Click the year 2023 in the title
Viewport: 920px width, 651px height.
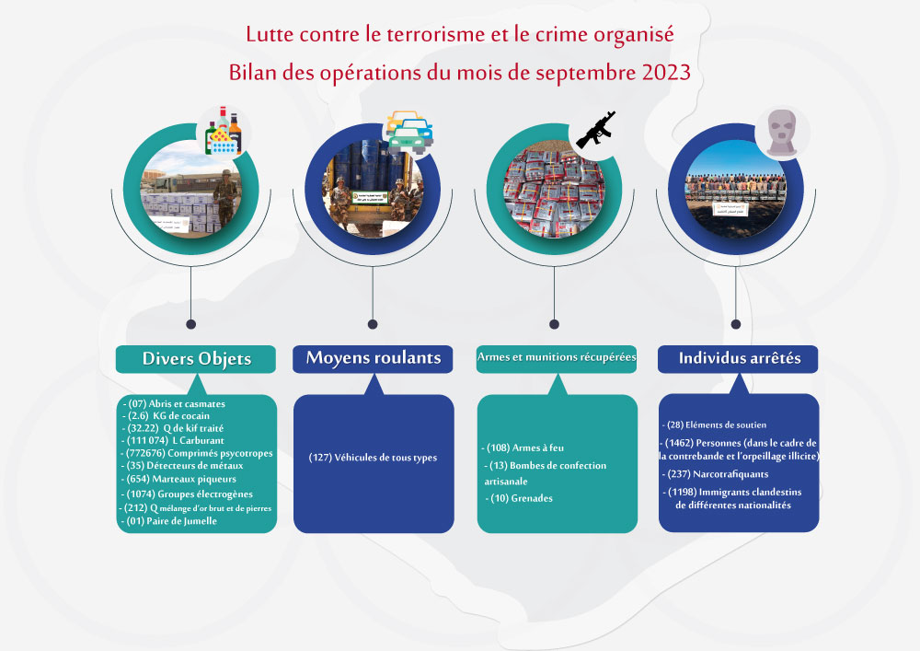(666, 73)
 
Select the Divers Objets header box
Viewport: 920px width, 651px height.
(196, 359)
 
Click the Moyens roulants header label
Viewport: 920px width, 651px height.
(374, 358)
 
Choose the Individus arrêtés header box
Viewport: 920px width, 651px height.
(738, 359)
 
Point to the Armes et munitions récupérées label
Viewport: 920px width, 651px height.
(557, 357)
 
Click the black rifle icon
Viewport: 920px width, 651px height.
(596, 130)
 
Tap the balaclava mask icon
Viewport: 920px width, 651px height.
(783, 133)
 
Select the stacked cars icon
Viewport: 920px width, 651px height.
(409, 132)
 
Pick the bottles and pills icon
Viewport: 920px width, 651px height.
(223, 131)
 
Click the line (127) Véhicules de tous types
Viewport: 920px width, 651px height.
(374, 458)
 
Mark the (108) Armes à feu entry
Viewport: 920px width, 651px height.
(523, 448)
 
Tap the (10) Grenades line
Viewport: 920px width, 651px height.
(519, 498)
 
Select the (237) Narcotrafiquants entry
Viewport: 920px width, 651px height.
(715, 473)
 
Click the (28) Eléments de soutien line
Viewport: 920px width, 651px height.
(714, 424)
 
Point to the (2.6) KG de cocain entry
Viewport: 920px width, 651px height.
(166, 415)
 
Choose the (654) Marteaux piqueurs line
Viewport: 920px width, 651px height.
(178, 479)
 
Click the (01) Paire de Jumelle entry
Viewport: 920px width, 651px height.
(169, 520)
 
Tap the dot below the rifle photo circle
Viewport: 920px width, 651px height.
(554, 324)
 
